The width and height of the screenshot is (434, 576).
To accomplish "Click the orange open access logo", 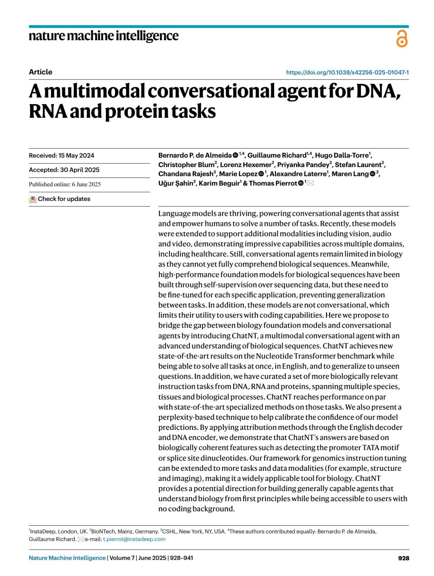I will [x=402, y=39].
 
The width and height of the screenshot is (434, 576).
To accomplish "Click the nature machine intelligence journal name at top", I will [x=103, y=36].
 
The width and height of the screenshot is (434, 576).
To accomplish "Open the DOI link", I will [x=347, y=72].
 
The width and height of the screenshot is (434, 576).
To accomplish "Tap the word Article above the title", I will [x=41, y=72].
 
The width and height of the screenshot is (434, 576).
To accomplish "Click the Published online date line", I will [x=65, y=184].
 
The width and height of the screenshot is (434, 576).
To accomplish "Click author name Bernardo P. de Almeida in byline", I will [x=195, y=155].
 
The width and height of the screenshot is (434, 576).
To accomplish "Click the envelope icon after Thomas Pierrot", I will [x=310, y=183].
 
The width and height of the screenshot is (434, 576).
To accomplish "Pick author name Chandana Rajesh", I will [x=186, y=174].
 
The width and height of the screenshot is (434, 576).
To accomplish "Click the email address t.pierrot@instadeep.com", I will [x=134, y=539].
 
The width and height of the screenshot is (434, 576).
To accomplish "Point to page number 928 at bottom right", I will [x=403, y=558].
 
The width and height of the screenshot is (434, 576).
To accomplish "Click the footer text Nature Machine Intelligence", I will [x=67, y=558].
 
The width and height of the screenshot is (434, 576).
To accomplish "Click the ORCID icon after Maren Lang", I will [x=373, y=174].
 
